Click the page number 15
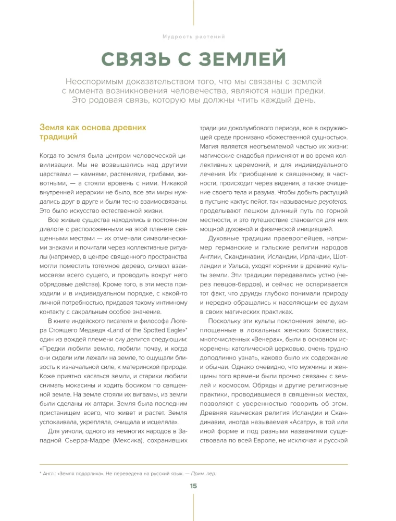(x=193, y=486)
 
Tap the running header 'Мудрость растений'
(x=193, y=37)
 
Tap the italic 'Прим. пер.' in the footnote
(x=203, y=473)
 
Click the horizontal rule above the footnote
(x=193, y=464)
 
